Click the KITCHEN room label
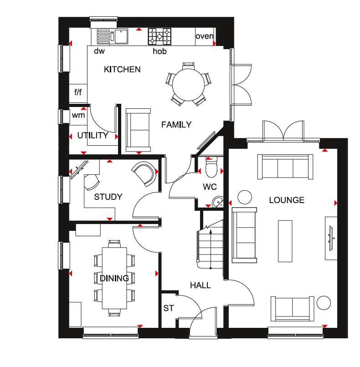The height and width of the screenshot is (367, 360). click(122, 70)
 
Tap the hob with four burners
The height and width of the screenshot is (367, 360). click(159, 36)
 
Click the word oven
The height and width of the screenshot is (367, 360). click(205, 36)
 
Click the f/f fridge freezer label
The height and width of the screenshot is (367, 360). click(78, 92)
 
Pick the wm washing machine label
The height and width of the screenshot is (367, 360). click(78, 116)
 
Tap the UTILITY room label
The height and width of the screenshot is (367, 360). click(93, 136)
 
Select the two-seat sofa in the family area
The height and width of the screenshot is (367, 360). click(138, 130)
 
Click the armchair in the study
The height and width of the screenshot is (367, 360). click(144, 174)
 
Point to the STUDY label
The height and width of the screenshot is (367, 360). click(108, 197)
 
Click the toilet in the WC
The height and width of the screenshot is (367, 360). click(211, 168)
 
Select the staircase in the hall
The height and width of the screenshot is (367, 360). click(209, 245)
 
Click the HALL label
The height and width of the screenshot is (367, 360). click(201, 285)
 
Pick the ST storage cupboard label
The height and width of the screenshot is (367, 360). click(168, 309)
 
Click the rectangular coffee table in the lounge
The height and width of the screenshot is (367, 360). click(285, 241)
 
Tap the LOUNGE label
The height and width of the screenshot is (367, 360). click(286, 200)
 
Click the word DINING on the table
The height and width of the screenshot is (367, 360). click(114, 278)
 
